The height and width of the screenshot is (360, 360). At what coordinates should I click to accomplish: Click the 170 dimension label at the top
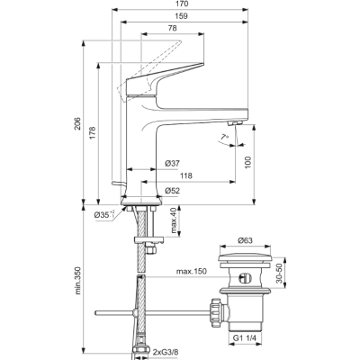click(181, 4)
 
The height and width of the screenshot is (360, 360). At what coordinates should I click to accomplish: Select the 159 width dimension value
click(181, 16)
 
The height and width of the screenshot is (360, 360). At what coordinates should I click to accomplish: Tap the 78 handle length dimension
click(172, 28)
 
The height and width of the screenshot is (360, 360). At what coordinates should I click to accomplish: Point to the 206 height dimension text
click(77, 123)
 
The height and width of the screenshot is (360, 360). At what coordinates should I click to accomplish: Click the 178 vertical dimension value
click(92, 133)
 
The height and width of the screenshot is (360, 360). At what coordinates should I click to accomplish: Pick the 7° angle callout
click(224, 137)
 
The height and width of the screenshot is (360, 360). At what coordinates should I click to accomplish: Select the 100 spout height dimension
click(247, 162)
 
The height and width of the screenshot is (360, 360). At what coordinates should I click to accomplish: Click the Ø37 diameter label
click(172, 164)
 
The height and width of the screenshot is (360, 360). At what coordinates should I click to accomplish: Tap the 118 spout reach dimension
click(185, 175)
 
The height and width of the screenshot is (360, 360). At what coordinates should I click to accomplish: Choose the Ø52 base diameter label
click(172, 191)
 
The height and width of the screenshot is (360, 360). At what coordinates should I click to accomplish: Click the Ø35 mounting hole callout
click(104, 214)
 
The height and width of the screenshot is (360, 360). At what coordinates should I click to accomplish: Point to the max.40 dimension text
click(175, 220)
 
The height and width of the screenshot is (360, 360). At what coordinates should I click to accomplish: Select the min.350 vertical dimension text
click(77, 281)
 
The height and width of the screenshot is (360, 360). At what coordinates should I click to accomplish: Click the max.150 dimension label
click(191, 272)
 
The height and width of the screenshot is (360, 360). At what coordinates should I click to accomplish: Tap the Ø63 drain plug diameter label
click(245, 240)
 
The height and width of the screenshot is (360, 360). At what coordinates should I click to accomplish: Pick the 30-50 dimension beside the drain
click(279, 274)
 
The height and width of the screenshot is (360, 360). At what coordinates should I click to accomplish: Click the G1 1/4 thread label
click(245, 337)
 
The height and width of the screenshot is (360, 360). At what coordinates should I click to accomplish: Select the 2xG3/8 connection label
click(167, 352)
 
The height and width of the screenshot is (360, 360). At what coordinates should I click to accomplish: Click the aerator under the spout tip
click(235, 123)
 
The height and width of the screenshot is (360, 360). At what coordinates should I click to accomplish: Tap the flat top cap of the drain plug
click(245, 258)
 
